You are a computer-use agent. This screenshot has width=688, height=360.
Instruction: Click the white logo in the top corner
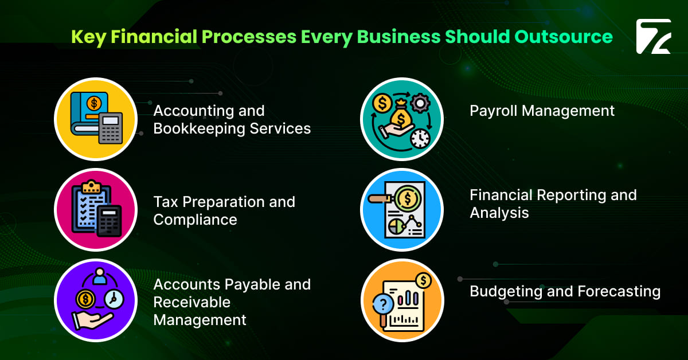point(653,37)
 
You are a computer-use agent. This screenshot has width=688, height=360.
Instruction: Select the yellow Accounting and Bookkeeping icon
point(96,119)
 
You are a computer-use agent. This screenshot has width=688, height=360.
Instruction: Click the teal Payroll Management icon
point(401,119)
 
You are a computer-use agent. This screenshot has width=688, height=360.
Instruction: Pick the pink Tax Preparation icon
point(96,210)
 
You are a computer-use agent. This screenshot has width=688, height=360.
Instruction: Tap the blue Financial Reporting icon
point(401,210)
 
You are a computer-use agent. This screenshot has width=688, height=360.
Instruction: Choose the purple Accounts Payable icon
point(96,300)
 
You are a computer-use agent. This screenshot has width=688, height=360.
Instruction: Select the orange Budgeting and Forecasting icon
point(401,300)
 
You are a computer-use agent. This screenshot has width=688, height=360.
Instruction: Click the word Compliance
point(195,220)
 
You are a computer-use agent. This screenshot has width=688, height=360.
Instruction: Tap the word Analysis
point(499,213)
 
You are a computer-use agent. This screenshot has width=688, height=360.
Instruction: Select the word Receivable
point(191,302)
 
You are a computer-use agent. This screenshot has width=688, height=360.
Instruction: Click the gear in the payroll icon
point(420,103)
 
